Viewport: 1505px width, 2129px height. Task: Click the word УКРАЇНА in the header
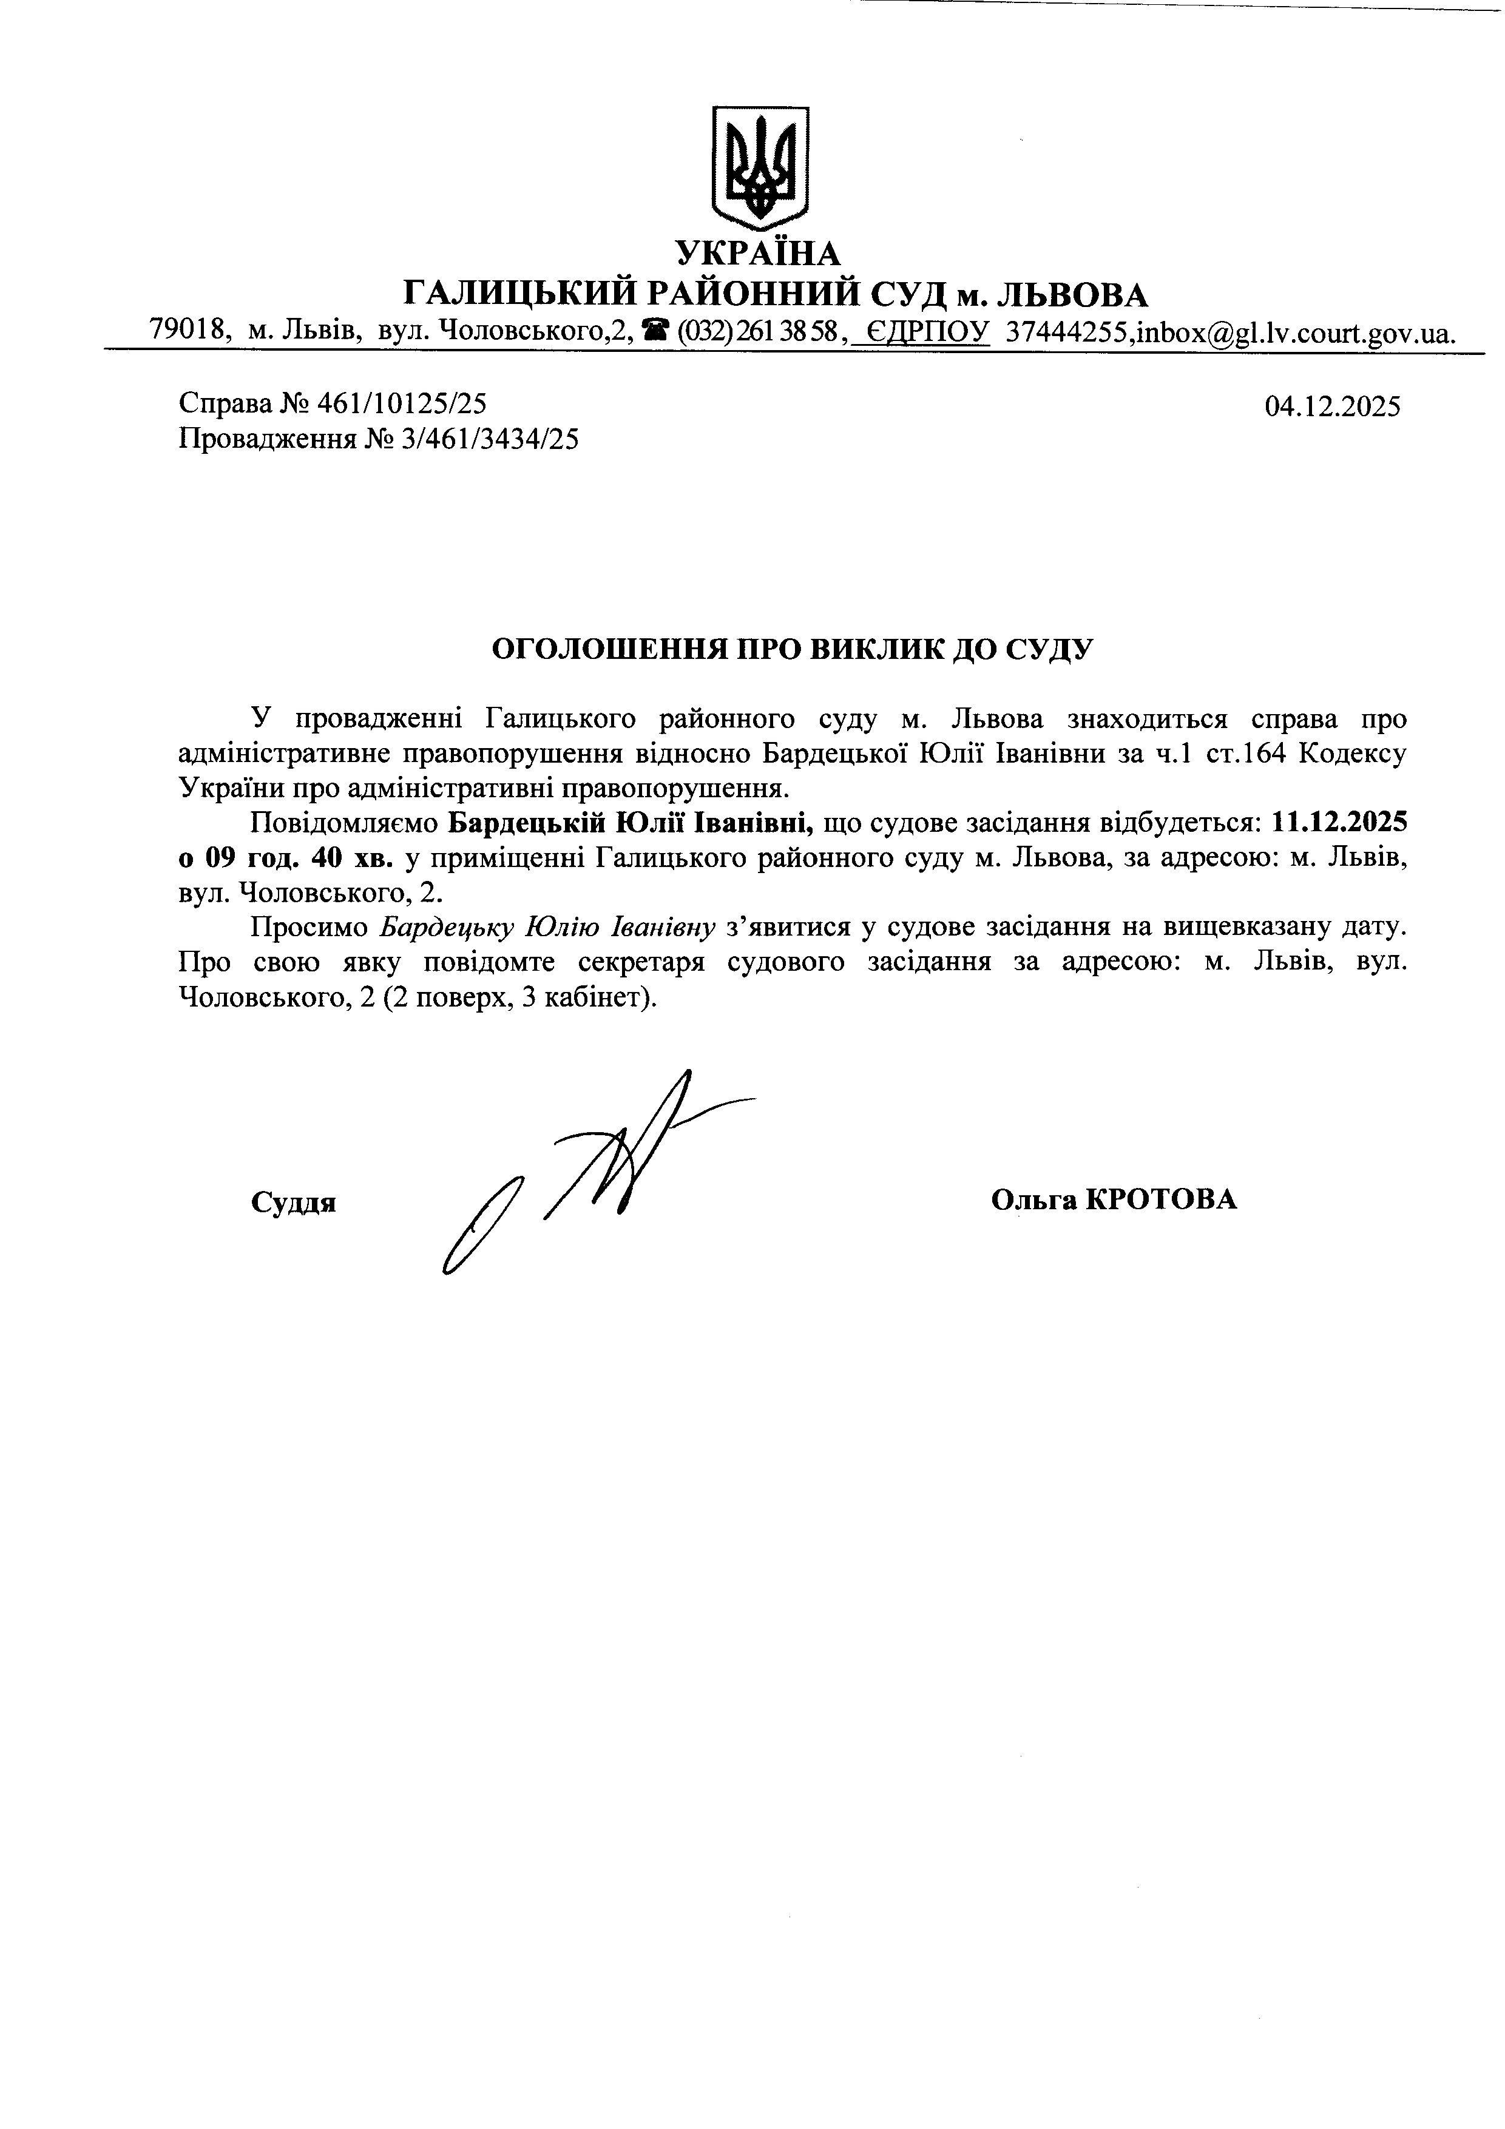click(757, 253)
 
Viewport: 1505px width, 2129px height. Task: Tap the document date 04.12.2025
click(1333, 406)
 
